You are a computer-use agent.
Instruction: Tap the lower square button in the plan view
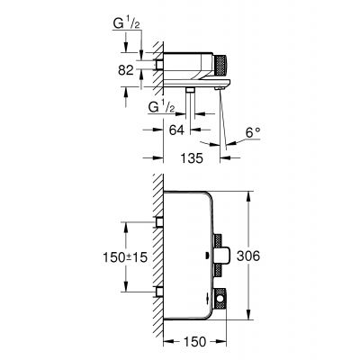[220, 301]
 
